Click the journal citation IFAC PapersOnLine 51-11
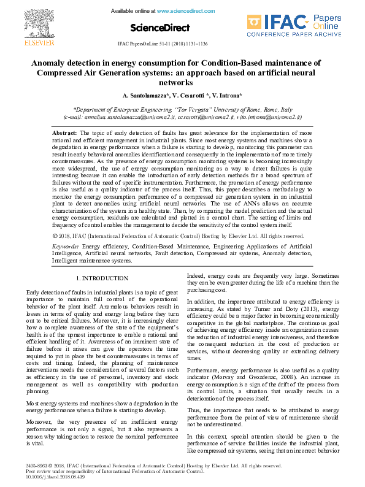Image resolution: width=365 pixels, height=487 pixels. click(162, 45)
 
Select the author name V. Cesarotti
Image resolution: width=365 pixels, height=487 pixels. click(187, 96)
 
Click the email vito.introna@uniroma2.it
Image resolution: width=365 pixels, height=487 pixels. click(268, 116)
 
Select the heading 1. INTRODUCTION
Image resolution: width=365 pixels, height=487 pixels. click(102, 278)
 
